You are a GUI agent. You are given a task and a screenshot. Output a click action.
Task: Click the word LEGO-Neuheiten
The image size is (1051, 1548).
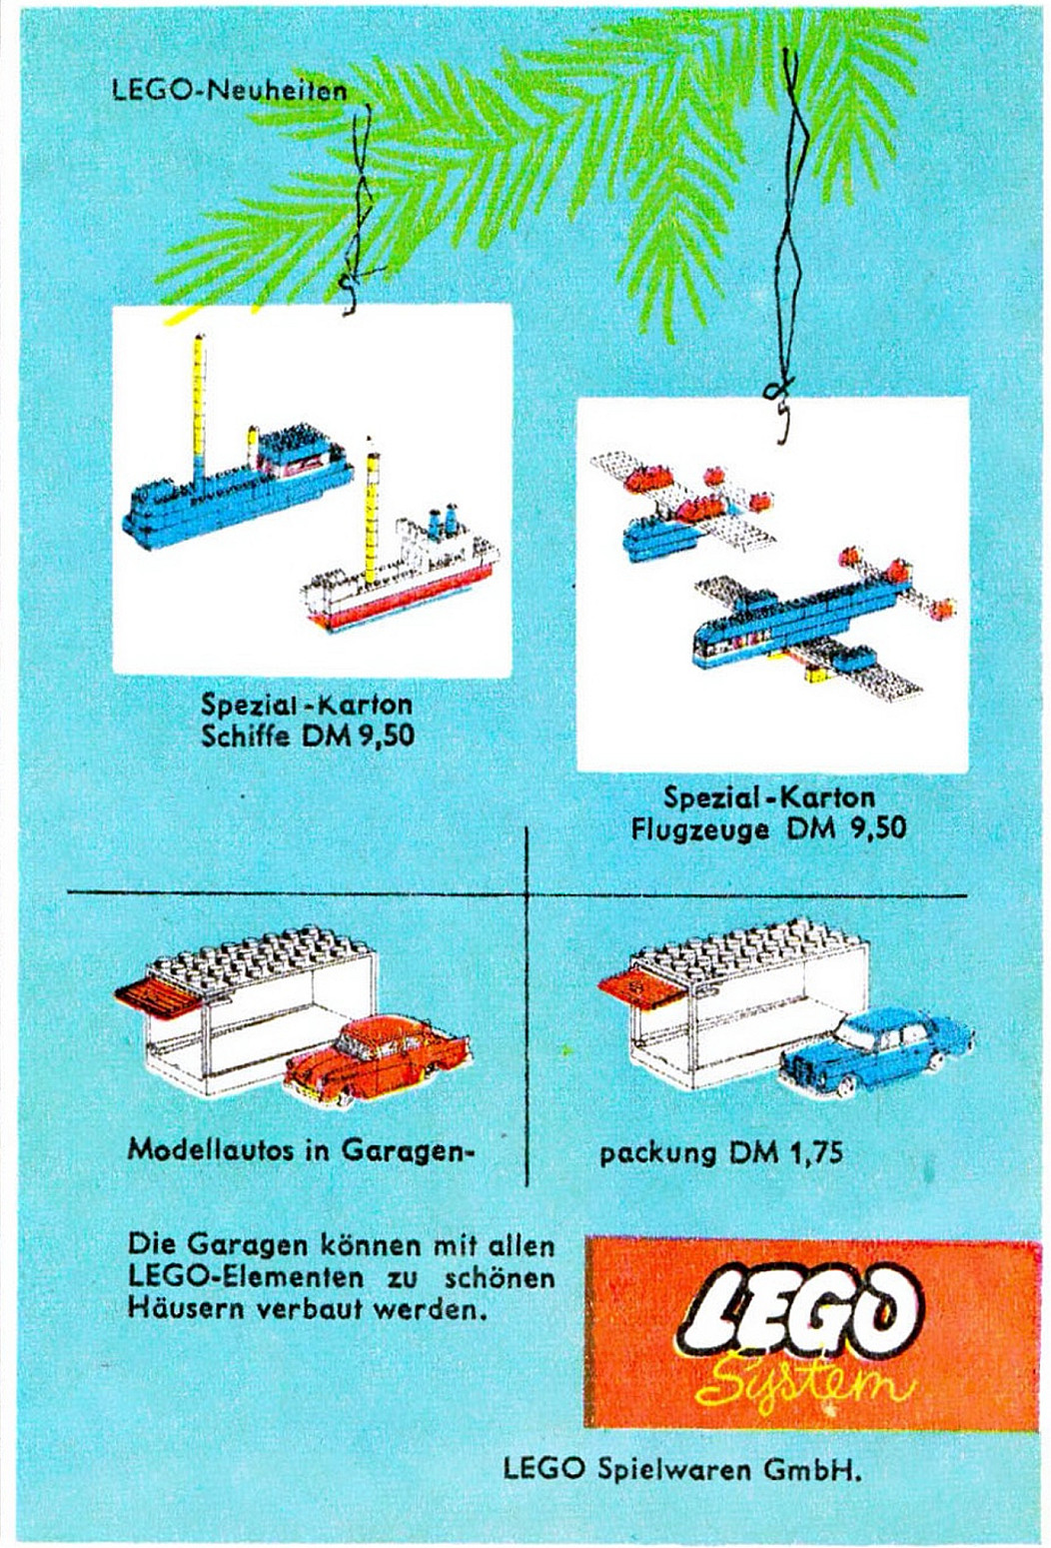230,91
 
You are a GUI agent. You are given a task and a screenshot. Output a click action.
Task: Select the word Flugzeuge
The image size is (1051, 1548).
699,828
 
